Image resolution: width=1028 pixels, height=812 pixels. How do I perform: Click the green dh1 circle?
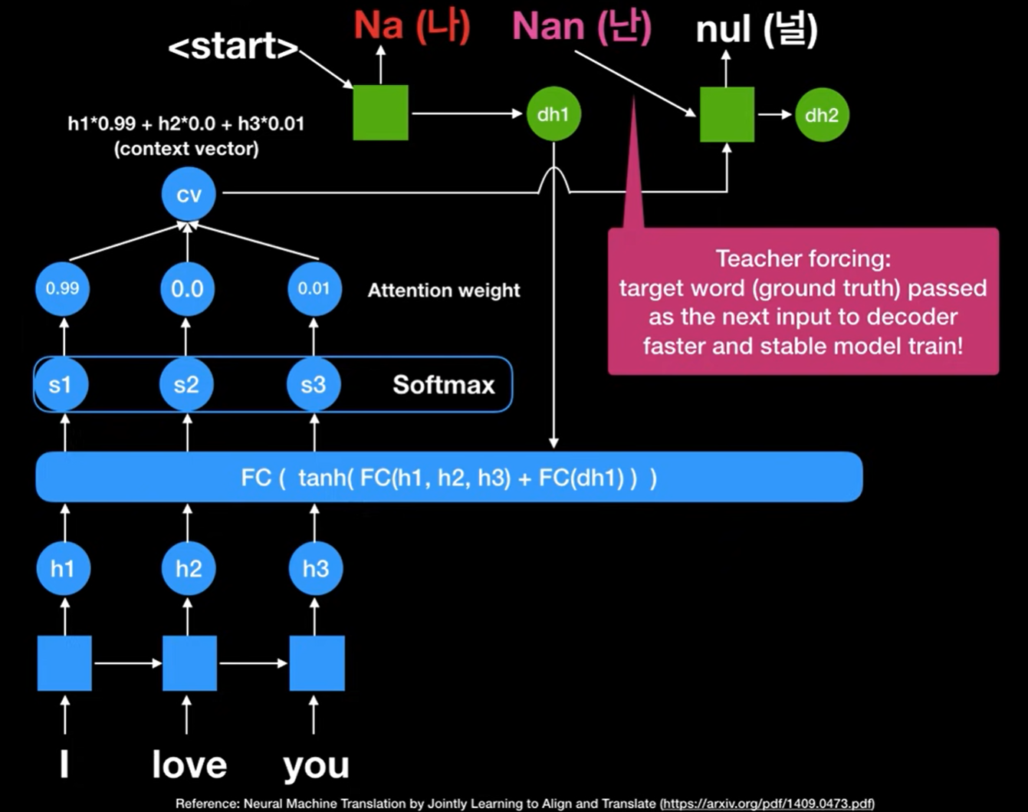[x=553, y=114]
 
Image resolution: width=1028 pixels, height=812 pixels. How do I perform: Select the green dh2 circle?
[x=822, y=115]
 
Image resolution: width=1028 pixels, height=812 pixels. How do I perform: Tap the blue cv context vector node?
[x=189, y=194]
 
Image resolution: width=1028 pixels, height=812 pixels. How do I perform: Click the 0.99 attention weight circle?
[x=63, y=289]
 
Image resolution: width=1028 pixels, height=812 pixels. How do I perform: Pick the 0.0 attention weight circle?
[x=187, y=289]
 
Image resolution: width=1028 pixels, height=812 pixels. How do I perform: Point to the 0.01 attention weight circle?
[x=314, y=289]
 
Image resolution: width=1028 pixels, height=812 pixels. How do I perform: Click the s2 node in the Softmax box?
[x=186, y=384]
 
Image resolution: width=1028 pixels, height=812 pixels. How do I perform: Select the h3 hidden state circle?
[x=316, y=568]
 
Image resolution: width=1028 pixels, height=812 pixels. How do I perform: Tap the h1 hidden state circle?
[x=63, y=568]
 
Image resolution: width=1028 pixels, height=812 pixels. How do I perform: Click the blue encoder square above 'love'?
[x=189, y=663]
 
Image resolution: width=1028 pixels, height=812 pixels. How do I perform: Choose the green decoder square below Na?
[x=380, y=113]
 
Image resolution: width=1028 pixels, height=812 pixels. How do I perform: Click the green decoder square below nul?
[x=727, y=114]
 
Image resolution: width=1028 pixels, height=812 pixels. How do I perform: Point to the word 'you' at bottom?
[x=316, y=765]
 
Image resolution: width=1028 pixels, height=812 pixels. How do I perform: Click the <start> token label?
[x=232, y=47]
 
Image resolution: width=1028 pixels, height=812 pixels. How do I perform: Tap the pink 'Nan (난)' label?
[x=581, y=27]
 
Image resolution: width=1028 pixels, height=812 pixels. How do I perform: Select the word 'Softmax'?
[x=444, y=384]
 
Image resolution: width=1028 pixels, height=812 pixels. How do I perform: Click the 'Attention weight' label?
[x=444, y=291]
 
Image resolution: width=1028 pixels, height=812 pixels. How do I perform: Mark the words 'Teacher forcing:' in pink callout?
[x=803, y=258]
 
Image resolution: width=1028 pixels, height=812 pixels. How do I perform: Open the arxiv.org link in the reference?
[x=767, y=804]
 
